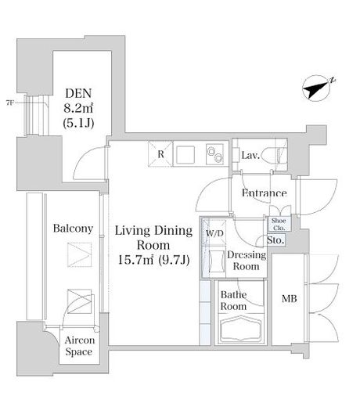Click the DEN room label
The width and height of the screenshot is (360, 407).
78,93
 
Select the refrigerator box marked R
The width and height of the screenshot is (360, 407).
160,154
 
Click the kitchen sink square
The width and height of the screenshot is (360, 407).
185,155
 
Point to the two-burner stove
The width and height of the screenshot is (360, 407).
215,154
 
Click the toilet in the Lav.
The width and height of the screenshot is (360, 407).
274,156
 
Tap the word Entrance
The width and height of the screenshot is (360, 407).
265,193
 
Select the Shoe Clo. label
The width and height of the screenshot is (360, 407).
279,224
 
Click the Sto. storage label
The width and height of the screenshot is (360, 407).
275,240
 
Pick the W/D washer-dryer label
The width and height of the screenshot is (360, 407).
214,233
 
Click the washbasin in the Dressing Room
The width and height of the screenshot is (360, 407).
217,261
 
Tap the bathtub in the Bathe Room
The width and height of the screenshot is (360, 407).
241,329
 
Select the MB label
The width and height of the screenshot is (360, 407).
290,299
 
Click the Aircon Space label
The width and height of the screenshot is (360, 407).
79,346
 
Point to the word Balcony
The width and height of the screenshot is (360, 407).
73,229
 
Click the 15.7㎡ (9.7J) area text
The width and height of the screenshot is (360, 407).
153,260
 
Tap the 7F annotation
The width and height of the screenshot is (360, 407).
9,103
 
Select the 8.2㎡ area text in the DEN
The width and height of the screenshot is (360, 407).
78,108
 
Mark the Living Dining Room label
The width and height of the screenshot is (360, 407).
153,238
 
